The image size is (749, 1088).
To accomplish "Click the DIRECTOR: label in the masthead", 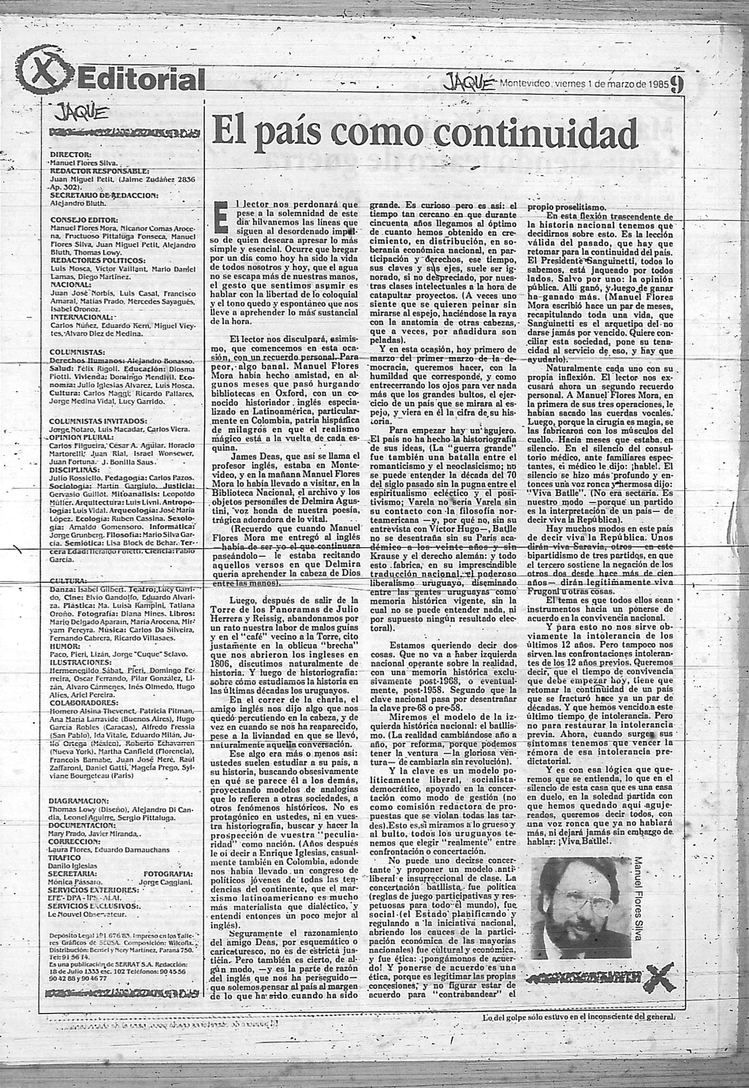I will pos(70,155).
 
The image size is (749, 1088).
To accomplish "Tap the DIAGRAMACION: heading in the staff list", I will pos(83,799).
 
